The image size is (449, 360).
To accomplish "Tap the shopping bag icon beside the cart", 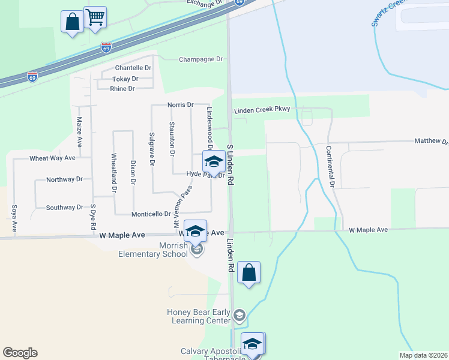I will pyautogui.click(x=72, y=22).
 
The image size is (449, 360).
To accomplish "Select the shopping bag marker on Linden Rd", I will pyautogui.click(x=249, y=272).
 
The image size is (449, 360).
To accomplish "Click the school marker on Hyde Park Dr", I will pyautogui.click(x=214, y=161).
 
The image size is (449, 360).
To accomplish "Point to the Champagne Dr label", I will pyautogui.click(x=201, y=59).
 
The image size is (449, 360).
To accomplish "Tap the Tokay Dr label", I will pyautogui.click(x=125, y=79).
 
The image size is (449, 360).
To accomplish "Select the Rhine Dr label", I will pyautogui.click(x=122, y=89).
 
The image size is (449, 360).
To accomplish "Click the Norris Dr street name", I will pyautogui.click(x=181, y=104).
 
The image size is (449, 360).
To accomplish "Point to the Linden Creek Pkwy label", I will pyautogui.click(x=262, y=109).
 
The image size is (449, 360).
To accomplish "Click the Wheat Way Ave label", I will pyautogui.click(x=52, y=158).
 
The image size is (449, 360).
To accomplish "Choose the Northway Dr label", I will pyautogui.click(x=64, y=179).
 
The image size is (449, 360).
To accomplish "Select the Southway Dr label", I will pyautogui.click(x=64, y=208).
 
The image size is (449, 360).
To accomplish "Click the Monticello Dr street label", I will pyautogui.click(x=151, y=214).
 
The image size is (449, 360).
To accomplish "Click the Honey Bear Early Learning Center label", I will pyautogui.click(x=199, y=316).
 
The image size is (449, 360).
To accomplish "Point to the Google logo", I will pyautogui.click(x=20, y=353).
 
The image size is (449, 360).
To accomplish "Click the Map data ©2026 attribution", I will pyautogui.click(x=423, y=355).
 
